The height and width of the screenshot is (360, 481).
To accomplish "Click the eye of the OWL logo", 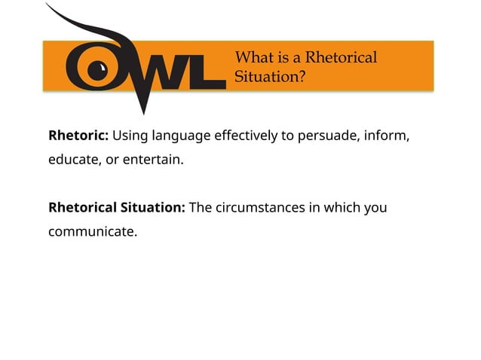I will coord(96,71).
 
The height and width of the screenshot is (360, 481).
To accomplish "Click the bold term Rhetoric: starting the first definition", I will coord(78,136).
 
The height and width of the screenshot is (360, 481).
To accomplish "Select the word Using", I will coord(130,136).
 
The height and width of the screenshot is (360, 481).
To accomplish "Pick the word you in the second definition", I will coord(375,208).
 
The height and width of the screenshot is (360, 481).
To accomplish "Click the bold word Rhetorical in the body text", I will coord(81,207).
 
